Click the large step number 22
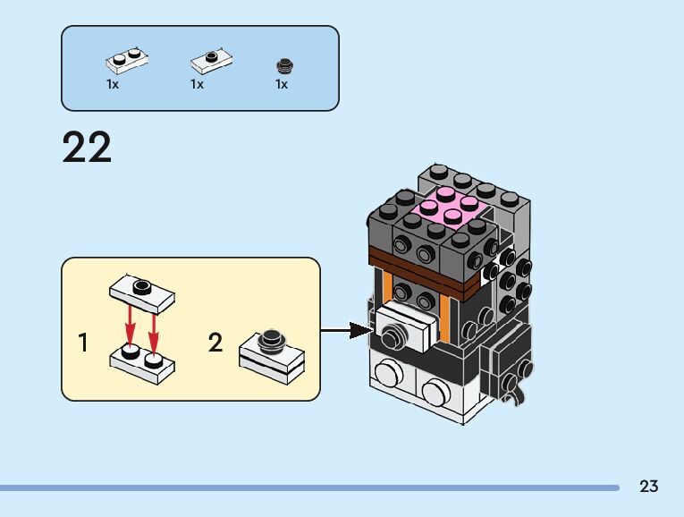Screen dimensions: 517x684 [x=88, y=148]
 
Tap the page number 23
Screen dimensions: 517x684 [x=649, y=487]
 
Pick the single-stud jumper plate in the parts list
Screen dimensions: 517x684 [x=211, y=62]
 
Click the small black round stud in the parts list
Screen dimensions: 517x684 [x=284, y=65]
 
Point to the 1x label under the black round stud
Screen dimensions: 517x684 [x=282, y=85]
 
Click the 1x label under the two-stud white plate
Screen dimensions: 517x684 [x=113, y=85]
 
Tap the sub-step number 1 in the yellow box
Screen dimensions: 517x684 [x=84, y=343]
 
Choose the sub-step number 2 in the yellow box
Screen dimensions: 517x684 [x=215, y=343]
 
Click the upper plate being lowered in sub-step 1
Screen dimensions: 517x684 [x=141, y=292]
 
